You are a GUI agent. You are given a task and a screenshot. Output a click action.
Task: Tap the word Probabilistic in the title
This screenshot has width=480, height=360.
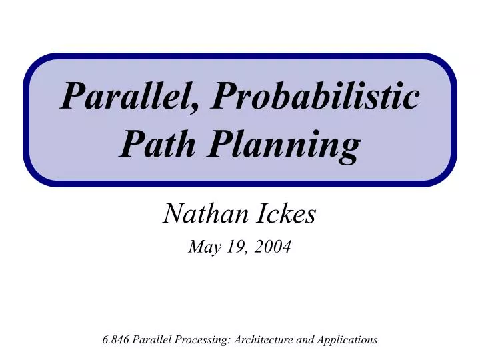(x=315, y=99)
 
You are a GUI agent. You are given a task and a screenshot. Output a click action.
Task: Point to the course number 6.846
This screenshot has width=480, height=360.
(x=116, y=339)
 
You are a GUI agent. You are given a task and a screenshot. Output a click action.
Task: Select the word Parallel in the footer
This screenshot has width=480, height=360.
(x=151, y=339)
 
